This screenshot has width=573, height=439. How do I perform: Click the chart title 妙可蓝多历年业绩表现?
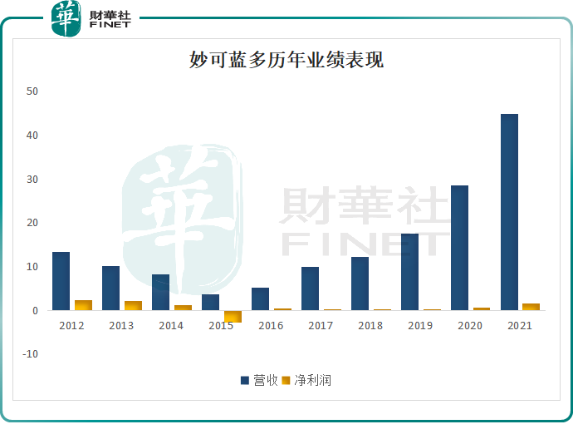[x=286, y=61]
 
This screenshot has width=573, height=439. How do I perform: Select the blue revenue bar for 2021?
[x=509, y=212]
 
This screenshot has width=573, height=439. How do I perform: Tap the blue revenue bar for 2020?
[x=459, y=248]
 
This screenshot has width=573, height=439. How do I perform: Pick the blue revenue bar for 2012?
[x=61, y=281]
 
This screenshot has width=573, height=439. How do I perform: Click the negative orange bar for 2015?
[x=233, y=316]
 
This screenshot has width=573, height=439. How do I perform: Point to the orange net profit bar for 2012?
[x=83, y=305]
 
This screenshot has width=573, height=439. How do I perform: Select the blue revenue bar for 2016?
[x=260, y=298]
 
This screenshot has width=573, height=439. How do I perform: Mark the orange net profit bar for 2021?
[x=531, y=307]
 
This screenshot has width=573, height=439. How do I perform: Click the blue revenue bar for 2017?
[x=310, y=289]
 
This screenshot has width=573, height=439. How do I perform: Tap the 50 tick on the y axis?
[x=32, y=91]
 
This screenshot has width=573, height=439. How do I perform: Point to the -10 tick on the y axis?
[x=30, y=354]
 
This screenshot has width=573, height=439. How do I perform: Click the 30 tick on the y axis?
[x=32, y=179]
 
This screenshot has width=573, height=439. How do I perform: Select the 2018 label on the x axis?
[x=370, y=326]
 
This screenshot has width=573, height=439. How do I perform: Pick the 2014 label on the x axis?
[x=171, y=326]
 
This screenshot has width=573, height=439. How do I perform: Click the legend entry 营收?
[x=259, y=380]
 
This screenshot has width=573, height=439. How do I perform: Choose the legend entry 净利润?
[x=306, y=380]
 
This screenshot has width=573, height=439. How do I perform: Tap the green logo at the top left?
[x=66, y=18]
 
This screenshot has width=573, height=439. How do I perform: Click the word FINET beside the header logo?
[x=110, y=25]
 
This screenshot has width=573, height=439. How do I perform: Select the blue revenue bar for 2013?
[x=110, y=288]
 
